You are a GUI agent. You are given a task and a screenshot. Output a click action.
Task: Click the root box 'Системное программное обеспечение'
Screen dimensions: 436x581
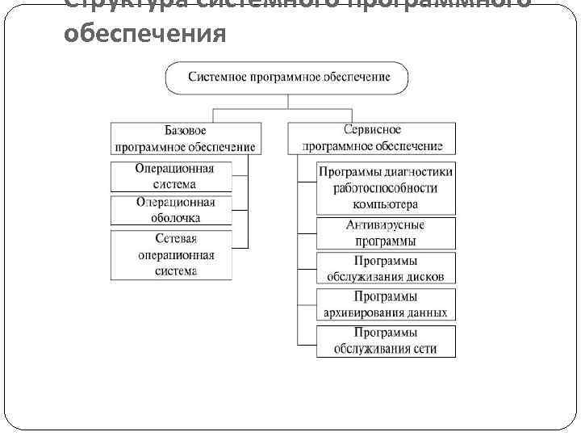pyautogui.click(x=288, y=78)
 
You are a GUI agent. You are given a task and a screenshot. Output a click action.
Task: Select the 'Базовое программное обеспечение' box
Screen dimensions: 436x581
pyautogui.click(x=186, y=138)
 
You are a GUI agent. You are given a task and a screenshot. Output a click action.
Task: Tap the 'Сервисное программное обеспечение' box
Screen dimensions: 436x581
pyautogui.click(x=372, y=138)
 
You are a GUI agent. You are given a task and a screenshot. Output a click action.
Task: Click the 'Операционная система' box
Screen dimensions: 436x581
pyautogui.click(x=171, y=177)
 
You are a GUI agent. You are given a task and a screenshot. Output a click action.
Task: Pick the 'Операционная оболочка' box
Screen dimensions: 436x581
pyautogui.click(x=171, y=211)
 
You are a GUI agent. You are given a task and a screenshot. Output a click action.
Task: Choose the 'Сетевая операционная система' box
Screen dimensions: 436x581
pyautogui.click(x=171, y=255)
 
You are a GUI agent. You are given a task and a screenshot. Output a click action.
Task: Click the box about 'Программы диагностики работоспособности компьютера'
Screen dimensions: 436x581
pyautogui.click(x=386, y=187)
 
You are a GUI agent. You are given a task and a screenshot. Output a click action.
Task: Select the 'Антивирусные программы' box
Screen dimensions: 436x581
pyautogui.click(x=386, y=233)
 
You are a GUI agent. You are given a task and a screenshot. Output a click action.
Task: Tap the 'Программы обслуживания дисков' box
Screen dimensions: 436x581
pyautogui.click(x=386, y=268)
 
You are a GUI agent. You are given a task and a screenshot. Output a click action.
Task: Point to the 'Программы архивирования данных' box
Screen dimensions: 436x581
pyautogui.click(x=386, y=304)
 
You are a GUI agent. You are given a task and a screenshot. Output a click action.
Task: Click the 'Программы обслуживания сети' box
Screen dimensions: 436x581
pyautogui.click(x=386, y=341)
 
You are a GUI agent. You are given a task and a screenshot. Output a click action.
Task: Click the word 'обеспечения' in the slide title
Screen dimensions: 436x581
pyautogui.click(x=144, y=35)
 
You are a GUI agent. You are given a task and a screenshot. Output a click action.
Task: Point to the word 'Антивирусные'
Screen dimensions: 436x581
pyautogui.click(x=386, y=224)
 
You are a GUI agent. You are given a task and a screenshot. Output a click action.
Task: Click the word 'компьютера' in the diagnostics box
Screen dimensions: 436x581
pyautogui.click(x=386, y=204)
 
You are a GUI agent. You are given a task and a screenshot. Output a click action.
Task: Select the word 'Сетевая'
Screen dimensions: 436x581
pyautogui.click(x=176, y=239)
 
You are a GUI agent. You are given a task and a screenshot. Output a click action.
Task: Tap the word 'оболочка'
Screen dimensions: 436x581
pyautogui.click(x=175, y=218)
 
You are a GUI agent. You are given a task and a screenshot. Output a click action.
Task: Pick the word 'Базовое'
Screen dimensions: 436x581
pyautogui.click(x=186, y=130)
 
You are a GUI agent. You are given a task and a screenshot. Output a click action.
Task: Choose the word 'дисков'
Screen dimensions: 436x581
pyautogui.click(x=424, y=276)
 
